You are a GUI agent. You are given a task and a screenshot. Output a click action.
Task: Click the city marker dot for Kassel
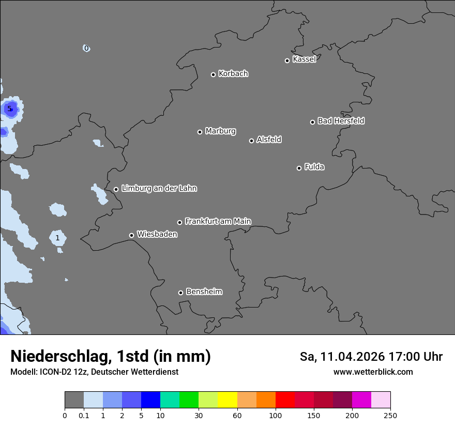coord(287,60)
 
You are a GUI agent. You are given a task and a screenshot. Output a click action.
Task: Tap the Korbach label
coord(233,74)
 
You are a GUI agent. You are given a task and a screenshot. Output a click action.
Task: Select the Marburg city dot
coord(200,132)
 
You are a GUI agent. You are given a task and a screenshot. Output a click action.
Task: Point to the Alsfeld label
coord(269,140)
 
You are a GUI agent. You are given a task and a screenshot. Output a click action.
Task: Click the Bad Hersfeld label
coord(341,121)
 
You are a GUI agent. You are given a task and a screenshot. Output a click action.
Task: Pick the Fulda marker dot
coord(299,168)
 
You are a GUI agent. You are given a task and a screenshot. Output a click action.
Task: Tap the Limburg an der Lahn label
coord(159,189)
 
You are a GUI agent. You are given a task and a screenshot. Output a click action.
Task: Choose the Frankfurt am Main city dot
coord(180,222)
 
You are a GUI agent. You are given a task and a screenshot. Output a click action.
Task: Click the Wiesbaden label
coord(157,235)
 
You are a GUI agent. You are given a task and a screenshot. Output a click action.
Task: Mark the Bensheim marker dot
coord(180,293)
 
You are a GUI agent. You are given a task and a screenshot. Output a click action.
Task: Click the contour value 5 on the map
coord(9,109)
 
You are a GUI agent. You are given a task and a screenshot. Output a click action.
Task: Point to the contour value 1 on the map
coord(57,238)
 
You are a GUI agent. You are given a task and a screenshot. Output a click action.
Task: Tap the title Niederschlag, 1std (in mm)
coord(110,357)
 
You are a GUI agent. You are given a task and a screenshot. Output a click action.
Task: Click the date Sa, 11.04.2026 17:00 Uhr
coord(371,357)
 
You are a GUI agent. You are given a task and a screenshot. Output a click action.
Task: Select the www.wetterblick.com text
coord(373,372)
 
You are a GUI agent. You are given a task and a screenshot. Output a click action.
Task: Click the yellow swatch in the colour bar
coord(228,400)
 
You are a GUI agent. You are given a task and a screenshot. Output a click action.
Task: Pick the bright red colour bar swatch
coord(285,400)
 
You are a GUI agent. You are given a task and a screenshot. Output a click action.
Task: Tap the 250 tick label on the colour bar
coord(390,415)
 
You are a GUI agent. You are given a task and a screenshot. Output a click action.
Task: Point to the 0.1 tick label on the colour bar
coord(84,415)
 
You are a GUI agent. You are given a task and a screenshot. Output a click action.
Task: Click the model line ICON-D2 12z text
coord(94,372)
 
